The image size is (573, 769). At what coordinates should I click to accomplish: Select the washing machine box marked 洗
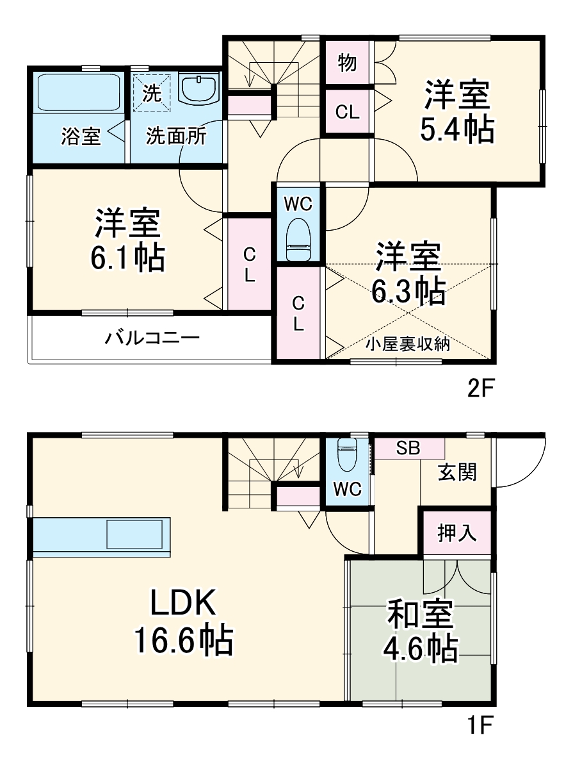[x=152, y=94]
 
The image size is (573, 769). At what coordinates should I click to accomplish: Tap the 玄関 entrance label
[x=457, y=473]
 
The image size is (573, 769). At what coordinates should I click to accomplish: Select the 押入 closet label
[x=457, y=533]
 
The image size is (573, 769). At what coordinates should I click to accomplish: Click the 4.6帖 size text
[x=421, y=649]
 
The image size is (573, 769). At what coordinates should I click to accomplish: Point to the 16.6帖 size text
[x=182, y=640]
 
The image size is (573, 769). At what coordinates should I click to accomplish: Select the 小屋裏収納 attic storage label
[x=408, y=345]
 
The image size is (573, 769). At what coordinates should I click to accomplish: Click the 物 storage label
[x=346, y=63]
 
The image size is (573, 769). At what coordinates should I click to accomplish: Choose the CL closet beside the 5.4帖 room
[x=348, y=112]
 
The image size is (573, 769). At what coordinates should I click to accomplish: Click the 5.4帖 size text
[x=456, y=130]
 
